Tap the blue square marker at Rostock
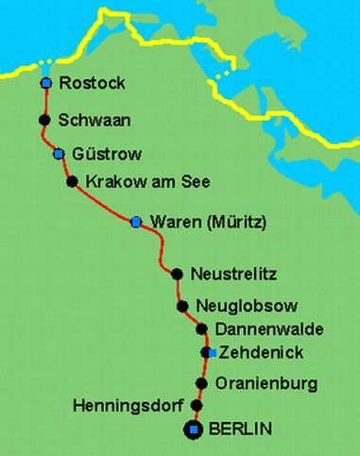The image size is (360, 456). coord(45,84)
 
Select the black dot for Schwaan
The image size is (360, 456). coord(43,120)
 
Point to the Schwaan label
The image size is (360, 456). coord(93,120)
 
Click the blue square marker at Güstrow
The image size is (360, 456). coord(59,153)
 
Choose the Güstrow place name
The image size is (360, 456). coord(104,153)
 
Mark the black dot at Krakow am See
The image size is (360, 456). coord(72,181)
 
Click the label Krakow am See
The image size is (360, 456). coord(147,181)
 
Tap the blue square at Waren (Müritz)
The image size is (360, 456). coord(136,222)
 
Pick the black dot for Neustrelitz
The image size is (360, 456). coord(177,275)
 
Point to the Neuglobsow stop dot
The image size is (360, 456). coord(182,307)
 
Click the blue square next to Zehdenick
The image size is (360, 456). coord(212,353)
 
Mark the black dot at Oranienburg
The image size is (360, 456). coord(201,383)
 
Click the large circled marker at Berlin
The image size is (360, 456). coord(194,431)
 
